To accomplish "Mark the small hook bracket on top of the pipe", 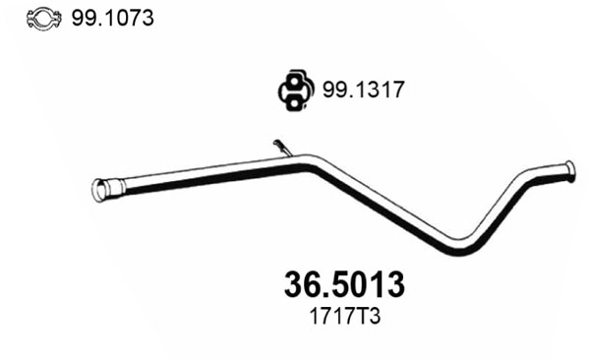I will [x=282, y=148].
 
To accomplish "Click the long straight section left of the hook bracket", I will [x=197, y=175].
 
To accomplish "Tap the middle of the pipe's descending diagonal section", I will [x=379, y=202].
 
